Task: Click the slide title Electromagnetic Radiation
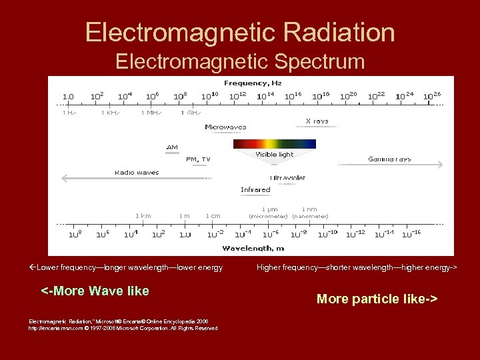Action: (240, 32)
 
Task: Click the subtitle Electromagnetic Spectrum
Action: (240, 61)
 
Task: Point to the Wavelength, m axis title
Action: (252, 248)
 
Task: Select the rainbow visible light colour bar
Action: (274, 143)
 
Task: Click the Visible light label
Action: (274, 155)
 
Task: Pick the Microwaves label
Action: (225, 127)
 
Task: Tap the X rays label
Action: (317, 121)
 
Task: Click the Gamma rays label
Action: (389, 159)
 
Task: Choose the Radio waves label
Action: (137, 172)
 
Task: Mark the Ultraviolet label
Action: (288, 178)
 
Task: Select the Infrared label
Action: (255, 190)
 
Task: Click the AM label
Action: (172, 147)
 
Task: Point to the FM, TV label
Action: (198, 159)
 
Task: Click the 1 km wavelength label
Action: (143, 216)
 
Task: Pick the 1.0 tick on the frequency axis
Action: (68, 97)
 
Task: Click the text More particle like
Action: (377, 299)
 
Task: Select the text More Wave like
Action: (95, 291)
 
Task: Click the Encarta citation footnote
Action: (123, 325)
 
